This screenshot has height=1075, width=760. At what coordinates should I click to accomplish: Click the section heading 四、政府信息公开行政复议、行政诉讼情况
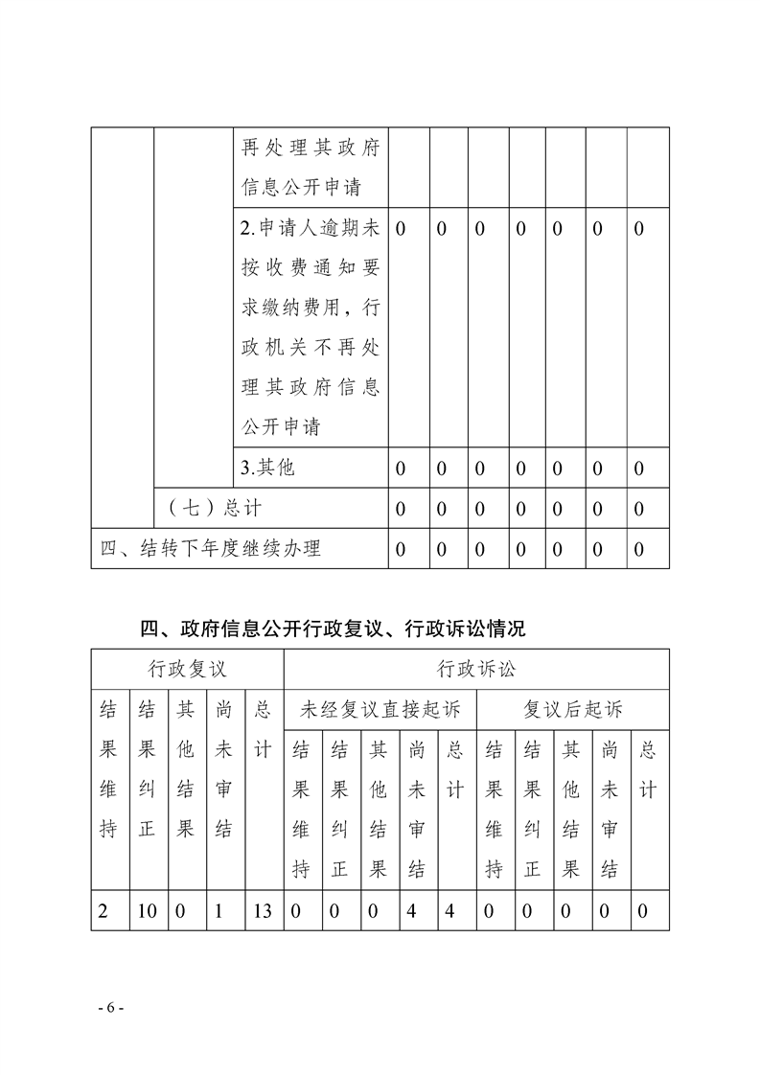333,629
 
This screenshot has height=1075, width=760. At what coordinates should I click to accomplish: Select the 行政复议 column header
188,668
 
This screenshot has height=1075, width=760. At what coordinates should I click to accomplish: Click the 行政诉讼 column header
476,668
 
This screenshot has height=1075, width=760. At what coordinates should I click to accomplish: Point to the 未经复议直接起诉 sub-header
380,710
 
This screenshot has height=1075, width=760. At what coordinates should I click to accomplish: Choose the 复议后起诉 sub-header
573,710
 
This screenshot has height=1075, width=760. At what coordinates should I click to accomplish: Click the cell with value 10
147,910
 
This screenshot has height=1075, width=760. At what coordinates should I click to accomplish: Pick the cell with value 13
263,910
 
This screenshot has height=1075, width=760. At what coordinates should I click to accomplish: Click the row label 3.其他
267,468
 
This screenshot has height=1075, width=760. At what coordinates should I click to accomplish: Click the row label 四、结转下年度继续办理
211,549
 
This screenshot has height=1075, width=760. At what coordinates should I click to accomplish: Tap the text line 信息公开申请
301,187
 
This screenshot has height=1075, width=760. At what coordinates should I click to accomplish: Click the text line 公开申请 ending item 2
281,426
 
